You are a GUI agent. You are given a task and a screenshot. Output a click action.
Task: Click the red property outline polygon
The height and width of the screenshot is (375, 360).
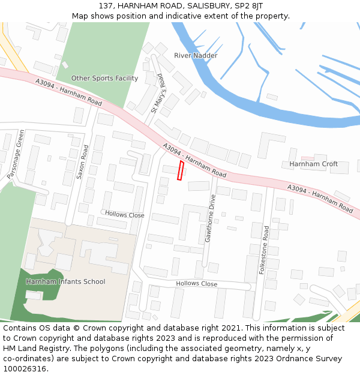point(181,170)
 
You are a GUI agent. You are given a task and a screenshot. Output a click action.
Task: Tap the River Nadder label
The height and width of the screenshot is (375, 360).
point(196,56)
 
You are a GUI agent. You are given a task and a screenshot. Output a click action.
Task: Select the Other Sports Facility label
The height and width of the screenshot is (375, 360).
point(104,79)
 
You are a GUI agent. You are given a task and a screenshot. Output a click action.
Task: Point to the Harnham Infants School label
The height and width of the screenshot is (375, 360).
point(65,281)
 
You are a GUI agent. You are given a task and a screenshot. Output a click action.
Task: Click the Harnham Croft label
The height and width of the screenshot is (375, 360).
point(313,164)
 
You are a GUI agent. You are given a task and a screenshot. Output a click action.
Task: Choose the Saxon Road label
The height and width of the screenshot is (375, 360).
point(82,162)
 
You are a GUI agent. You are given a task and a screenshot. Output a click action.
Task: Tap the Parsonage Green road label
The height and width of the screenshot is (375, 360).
point(16,154)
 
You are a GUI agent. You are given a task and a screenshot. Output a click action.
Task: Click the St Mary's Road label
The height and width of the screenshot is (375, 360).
point(158,94)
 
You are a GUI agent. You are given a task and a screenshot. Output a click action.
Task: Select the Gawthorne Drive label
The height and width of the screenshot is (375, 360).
point(210,218)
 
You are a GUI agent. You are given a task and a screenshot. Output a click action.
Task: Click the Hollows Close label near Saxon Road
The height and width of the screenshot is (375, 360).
point(125,214)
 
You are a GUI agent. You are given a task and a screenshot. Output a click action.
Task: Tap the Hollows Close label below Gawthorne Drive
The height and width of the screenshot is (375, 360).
point(197,284)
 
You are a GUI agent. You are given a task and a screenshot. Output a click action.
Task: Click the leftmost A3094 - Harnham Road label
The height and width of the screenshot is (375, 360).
point(68,91)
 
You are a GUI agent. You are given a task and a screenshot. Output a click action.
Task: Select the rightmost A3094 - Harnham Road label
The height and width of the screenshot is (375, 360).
point(320,198)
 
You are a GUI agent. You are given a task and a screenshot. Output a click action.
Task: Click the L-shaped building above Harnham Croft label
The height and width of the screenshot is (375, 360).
point(271,145)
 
